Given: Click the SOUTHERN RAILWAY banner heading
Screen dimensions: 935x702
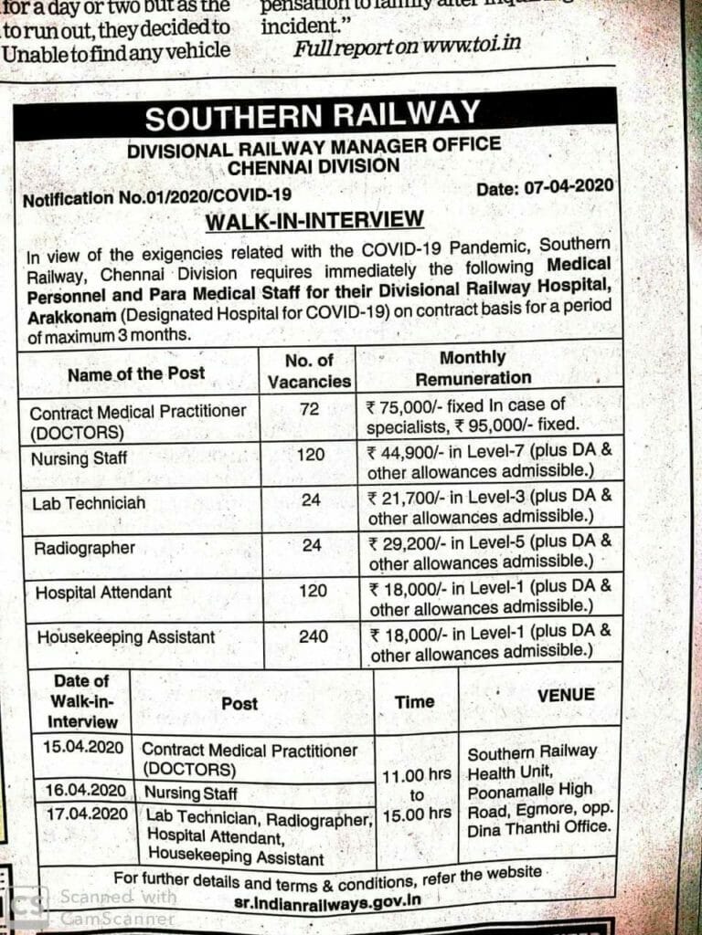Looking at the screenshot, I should pyautogui.click(x=313, y=117).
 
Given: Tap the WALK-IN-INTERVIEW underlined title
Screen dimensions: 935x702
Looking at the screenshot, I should pyautogui.click(x=314, y=220).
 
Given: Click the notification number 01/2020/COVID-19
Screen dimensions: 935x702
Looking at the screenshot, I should pyautogui.click(x=157, y=197).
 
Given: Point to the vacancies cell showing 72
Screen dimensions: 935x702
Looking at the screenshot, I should pyautogui.click(x=309, y=409).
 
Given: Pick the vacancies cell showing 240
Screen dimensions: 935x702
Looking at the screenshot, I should pyautogui.click(x=313, y=636).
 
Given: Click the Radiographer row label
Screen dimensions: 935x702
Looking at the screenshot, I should pyautogui.click(x=85, y=548).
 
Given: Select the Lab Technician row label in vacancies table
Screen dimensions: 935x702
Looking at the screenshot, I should pyautogui.click(x=89, y=503).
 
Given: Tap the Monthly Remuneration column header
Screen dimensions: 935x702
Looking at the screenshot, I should pyautogui.click(x=473, y=368).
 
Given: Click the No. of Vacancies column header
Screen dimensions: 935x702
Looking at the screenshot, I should pyautogui.click(x=309, y=371).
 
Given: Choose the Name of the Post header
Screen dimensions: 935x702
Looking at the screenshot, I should pyautogui.click(x=136, y=373).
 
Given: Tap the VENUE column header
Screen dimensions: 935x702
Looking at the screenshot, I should pyautogui.click(x=566, y=695).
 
